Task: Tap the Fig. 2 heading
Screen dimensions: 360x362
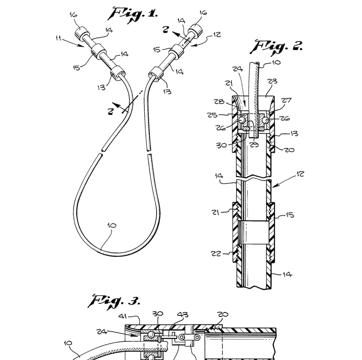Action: click(x=277, y=47)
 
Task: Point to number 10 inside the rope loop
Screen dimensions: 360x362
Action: click(x=112, y=225)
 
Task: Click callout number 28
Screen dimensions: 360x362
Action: click(x=219, y=102)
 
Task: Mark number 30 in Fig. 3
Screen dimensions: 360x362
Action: click(x=158, y=315)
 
